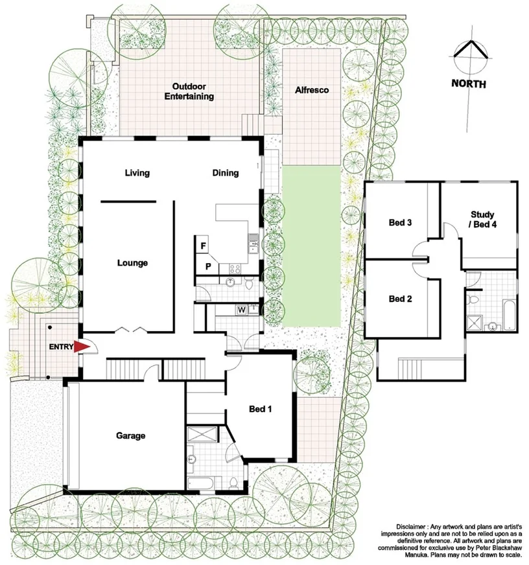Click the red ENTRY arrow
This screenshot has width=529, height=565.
[81, 347]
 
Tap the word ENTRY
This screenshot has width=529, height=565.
[60, 347]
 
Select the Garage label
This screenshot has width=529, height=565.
[132, 436]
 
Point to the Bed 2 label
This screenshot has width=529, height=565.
[401, 299]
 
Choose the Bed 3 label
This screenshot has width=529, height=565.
[401, 223]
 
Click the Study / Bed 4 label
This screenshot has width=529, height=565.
[483, 220]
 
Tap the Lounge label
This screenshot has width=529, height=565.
[132, 263]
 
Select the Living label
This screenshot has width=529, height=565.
[137, 173]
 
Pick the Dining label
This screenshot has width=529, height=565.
[226, 173]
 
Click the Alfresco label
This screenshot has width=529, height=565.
[311, 90]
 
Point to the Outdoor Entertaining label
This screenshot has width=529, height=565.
[193, 91]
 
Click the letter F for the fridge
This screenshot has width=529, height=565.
[203, 246]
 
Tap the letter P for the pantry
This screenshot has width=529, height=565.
[209, 266]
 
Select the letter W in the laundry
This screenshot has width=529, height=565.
[241, 310]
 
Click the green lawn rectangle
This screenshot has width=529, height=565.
[311, 246]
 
